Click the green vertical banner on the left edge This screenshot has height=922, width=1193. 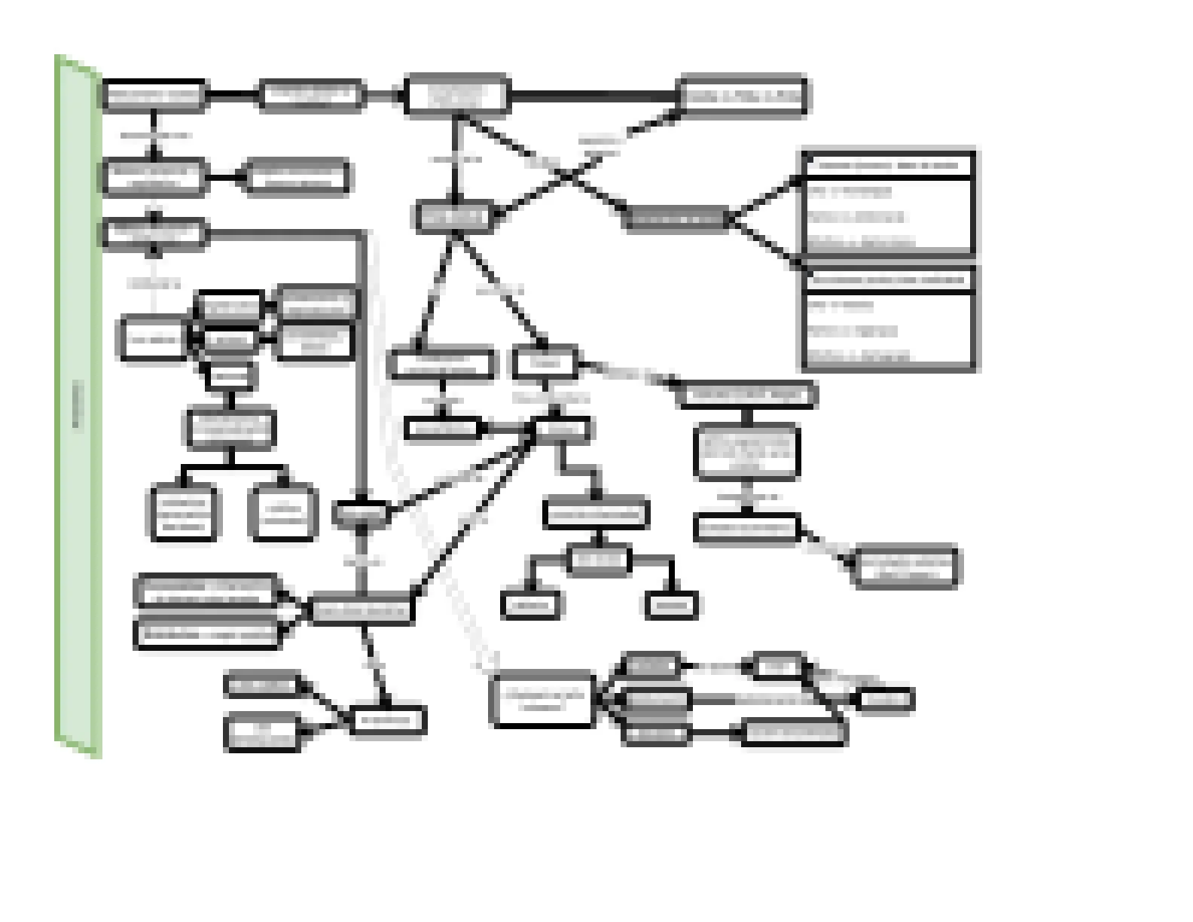pos(78,407)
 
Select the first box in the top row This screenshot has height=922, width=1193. pos(154,96)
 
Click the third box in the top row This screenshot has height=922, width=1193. pos(456,96)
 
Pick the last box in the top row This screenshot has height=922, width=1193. pos(743,96)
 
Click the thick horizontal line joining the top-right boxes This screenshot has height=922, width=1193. pos(595,96)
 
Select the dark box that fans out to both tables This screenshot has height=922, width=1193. pos(676,219)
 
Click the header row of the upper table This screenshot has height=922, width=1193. pos(889,165)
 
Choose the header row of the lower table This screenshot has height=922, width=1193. pos(889,279)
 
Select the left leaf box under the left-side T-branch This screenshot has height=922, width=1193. pos(184,514)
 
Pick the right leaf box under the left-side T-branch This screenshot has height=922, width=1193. pos(282,514)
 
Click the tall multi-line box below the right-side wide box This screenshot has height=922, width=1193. pos(746,452)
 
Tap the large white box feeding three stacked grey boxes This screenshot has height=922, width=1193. pos(542,699)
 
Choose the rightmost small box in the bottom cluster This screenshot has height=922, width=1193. pos(886,699)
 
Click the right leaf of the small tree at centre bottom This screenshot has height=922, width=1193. pos(671,605)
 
